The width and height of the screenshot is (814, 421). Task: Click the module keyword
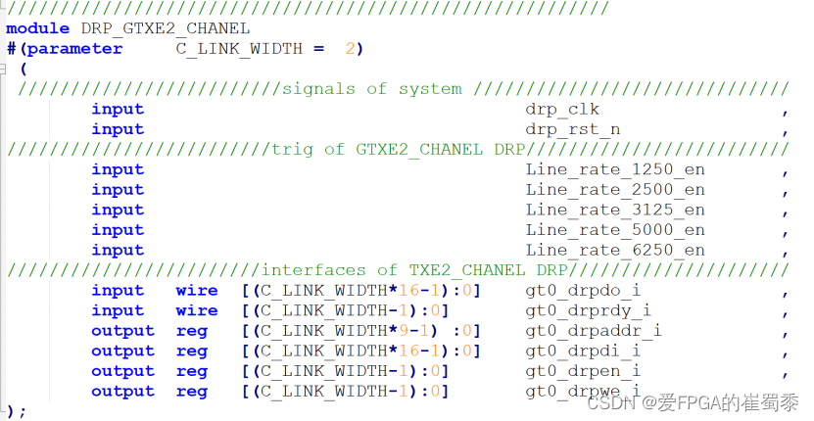point(36,28)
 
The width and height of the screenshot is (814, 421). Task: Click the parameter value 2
point(350,49)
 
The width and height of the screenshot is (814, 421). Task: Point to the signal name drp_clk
point(561,109)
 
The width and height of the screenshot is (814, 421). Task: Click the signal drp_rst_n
point(572,129)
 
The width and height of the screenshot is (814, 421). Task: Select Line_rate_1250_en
point(614,169)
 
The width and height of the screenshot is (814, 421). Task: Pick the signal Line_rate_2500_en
point(614,190)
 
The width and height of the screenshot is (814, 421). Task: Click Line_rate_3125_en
point(614,210)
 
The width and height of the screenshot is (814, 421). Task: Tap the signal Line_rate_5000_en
point(614,230)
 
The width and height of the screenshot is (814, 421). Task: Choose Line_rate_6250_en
point(614,250)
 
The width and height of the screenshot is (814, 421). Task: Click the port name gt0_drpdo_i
point(583,291)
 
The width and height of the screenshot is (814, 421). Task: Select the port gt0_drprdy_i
point(588,310)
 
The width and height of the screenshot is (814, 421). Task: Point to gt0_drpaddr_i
point(593,331)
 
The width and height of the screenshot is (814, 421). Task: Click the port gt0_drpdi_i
point(583,351)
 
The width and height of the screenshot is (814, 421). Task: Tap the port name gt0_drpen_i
point(583,371)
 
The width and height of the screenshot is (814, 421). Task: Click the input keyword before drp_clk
point(118,109)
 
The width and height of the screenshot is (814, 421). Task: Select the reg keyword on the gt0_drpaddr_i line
point(192,331)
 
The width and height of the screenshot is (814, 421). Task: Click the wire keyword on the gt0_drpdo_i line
point(197,291)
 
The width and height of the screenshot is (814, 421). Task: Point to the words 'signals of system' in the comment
point(371,89)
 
